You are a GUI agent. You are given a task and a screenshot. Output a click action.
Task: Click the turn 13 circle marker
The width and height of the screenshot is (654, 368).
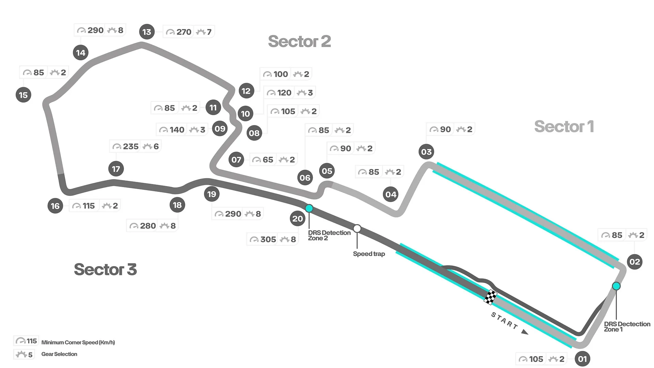click(147, 32)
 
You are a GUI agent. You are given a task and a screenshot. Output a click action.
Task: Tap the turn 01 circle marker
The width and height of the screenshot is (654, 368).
click(582, 359)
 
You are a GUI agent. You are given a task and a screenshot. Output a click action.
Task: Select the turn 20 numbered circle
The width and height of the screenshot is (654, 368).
click(297, 218)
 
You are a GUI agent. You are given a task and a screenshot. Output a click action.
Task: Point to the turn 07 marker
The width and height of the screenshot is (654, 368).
click(236, 159)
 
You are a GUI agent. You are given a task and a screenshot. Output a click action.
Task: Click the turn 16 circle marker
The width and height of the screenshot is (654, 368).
click(55, 206)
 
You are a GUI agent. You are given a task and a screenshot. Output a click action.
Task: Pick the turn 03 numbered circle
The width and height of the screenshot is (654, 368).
click(426, 152)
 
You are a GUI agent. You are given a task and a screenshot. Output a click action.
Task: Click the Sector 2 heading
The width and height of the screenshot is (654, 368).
click(299, 41)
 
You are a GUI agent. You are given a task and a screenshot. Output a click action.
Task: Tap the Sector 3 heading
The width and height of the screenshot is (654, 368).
click(105, 269)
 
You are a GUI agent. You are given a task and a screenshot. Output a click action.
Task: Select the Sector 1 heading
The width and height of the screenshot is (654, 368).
click(564, 126)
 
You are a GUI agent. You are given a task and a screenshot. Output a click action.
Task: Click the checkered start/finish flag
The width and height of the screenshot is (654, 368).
click(490, 297)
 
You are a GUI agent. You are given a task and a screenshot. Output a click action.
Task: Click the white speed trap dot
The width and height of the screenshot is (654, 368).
click(357, 228)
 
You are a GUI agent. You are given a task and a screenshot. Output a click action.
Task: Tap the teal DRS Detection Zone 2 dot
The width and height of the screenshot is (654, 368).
click(309, 208)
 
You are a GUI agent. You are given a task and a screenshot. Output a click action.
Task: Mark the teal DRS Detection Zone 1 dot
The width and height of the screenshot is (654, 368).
click(616, 286)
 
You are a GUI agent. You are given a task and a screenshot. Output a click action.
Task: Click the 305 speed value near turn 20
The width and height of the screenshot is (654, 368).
click(268, 240)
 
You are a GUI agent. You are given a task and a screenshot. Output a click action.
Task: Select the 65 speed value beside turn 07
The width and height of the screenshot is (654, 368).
click(268, 160)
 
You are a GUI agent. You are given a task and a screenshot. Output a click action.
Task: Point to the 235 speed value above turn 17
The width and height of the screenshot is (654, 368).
click(130, 147)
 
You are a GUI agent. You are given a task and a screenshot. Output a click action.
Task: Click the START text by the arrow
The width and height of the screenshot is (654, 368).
click(504, 321)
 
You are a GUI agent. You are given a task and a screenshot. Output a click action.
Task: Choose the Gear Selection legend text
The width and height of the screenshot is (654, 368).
click(59, 354)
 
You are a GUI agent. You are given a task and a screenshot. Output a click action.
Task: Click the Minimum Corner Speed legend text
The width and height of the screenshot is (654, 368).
click(78, 342)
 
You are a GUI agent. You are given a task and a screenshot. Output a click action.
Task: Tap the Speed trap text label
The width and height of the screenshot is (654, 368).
click(369, 254)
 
